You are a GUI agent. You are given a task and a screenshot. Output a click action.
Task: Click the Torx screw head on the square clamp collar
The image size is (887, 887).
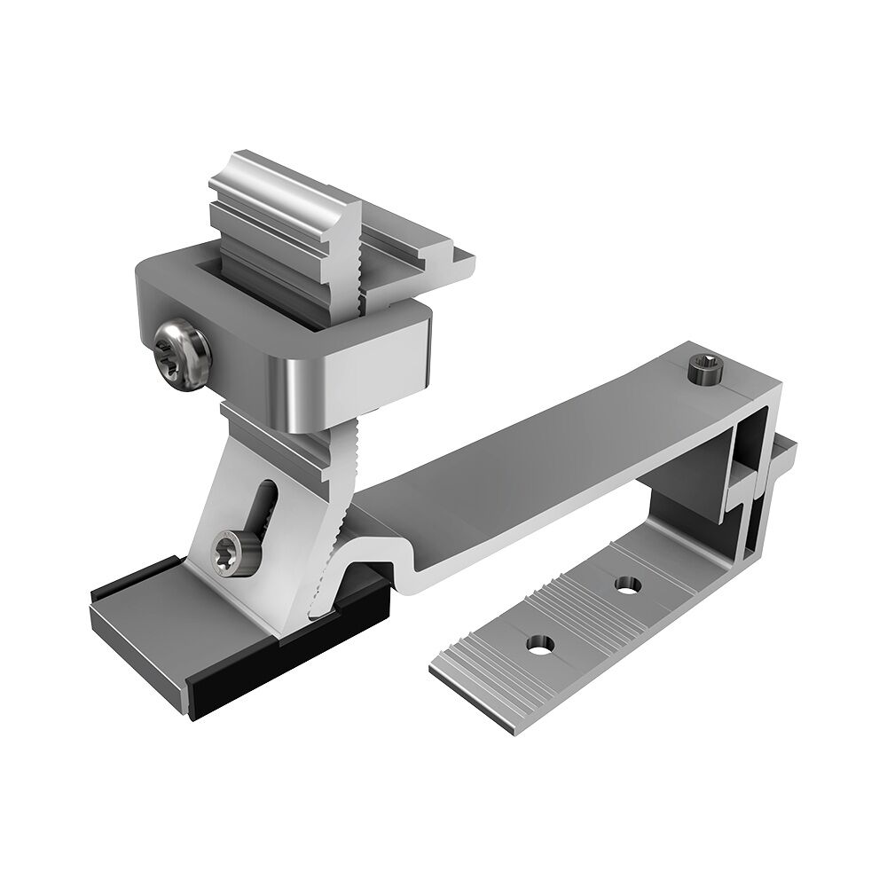click(181, 355)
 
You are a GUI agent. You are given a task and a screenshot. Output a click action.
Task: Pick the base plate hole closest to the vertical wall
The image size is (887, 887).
click(627, 585)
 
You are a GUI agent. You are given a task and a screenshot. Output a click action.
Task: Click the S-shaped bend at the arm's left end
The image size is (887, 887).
click(399, 568)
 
